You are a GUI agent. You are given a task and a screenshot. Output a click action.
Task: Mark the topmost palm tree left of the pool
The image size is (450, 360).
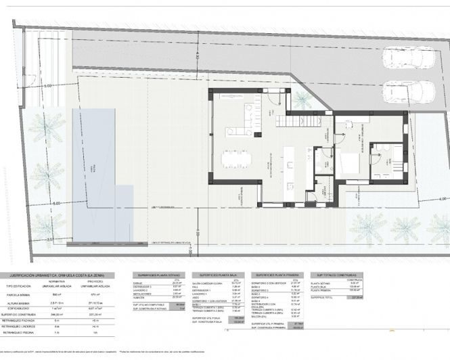pyautogui.click(x=44, y=128)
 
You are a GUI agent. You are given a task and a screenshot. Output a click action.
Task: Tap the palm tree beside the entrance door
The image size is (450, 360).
pyautogui.click(x=302, y=99)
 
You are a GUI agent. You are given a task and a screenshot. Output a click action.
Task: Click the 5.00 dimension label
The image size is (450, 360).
pyautogui.click(x=47, y=87)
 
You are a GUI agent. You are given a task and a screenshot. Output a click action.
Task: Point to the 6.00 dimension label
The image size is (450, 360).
pyautogui.click(x=55, y=202)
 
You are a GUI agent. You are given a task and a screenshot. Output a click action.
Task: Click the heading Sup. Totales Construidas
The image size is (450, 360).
pyautogui.click(x=336, y=275)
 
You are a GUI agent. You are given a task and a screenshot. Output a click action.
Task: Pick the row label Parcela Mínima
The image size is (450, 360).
pyautogui.click(x=20, y=295)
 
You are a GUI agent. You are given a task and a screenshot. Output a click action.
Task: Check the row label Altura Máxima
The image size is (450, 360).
pyautogui.click(x=20, y=302)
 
